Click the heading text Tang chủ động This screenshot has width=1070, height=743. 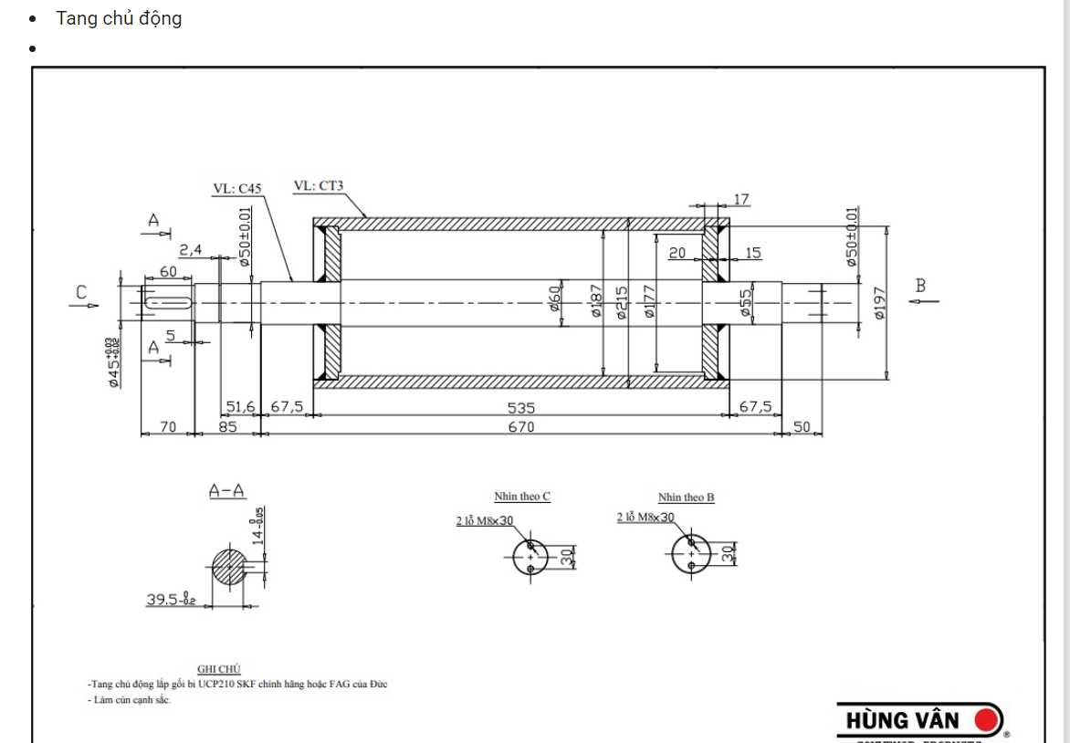(x=119, y=18)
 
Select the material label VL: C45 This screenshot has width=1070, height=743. (x=237, y=189)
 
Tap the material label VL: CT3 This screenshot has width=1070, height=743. (x=318, y=185)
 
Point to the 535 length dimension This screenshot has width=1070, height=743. (x=521, y=407)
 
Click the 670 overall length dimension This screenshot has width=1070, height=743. (x=521, y=426)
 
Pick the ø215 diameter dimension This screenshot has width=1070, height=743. (x=623, y=302)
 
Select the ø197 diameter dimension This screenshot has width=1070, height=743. (x=879, y=302)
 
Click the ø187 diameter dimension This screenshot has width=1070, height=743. (x=597, y=300)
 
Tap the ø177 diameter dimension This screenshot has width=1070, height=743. (x=649, y=301)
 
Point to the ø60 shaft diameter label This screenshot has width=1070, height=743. (x=554, y=298)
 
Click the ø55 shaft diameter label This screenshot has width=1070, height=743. (x=745, y=304)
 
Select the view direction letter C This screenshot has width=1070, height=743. (x=81, y=293)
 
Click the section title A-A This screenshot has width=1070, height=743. (x=226, y=491)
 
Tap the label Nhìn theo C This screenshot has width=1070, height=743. (x=522, y=497)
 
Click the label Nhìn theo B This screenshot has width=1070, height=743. (x=687, y=497)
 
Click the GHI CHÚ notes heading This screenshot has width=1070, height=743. (x=219, y=669)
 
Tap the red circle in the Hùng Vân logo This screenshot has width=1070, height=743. (x=986, y=720)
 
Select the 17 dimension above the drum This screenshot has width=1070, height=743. (x=740, y=199)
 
